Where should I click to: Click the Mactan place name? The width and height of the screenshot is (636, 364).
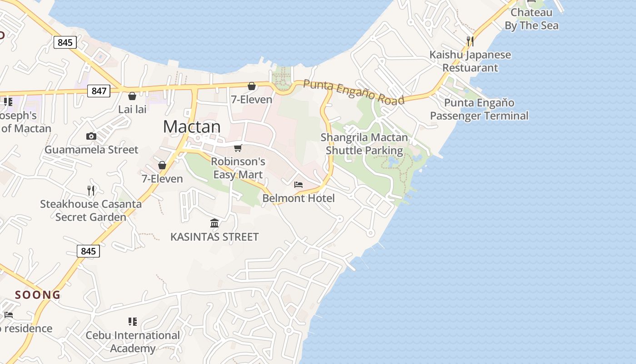(x=192, y=126)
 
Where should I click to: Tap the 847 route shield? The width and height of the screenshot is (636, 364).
(x=99, y=91)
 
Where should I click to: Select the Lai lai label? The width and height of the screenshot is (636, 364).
(x=132, y=109)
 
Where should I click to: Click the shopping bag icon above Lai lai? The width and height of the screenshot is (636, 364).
(x=132, y=96)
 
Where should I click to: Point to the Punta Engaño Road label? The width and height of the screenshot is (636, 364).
(x=353, y=92)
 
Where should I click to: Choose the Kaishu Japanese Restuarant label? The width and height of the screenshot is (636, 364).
(x=470, y=61)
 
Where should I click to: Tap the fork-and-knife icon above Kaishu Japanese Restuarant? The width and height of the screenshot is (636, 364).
(x=470, y=41)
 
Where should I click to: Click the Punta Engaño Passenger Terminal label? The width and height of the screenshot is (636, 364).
(x=479, y=109)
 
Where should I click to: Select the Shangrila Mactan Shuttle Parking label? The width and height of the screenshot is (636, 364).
(x=364, y=144)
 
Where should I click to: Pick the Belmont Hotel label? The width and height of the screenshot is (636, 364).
(x=298, y=198)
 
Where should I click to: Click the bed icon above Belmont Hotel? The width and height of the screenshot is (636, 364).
(x=298, y=184)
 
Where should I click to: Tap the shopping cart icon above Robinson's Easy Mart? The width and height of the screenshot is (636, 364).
(x=238, y=148)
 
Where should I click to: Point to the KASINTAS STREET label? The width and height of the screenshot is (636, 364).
(x=214, y=237)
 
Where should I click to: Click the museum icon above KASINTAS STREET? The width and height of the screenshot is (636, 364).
(x=214, y=223)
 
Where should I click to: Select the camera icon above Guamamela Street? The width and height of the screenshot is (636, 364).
(x=91, y=136)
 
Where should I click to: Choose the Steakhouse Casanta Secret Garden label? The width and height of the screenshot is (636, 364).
(x=91, y=210)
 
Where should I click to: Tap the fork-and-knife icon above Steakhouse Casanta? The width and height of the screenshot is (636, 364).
(x=91, y=190)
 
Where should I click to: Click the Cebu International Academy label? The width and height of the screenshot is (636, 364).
(x=133, y=342)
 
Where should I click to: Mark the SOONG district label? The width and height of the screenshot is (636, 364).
(x=38, y=295)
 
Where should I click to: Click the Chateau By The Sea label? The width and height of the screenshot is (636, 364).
(x=532, y=19)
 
